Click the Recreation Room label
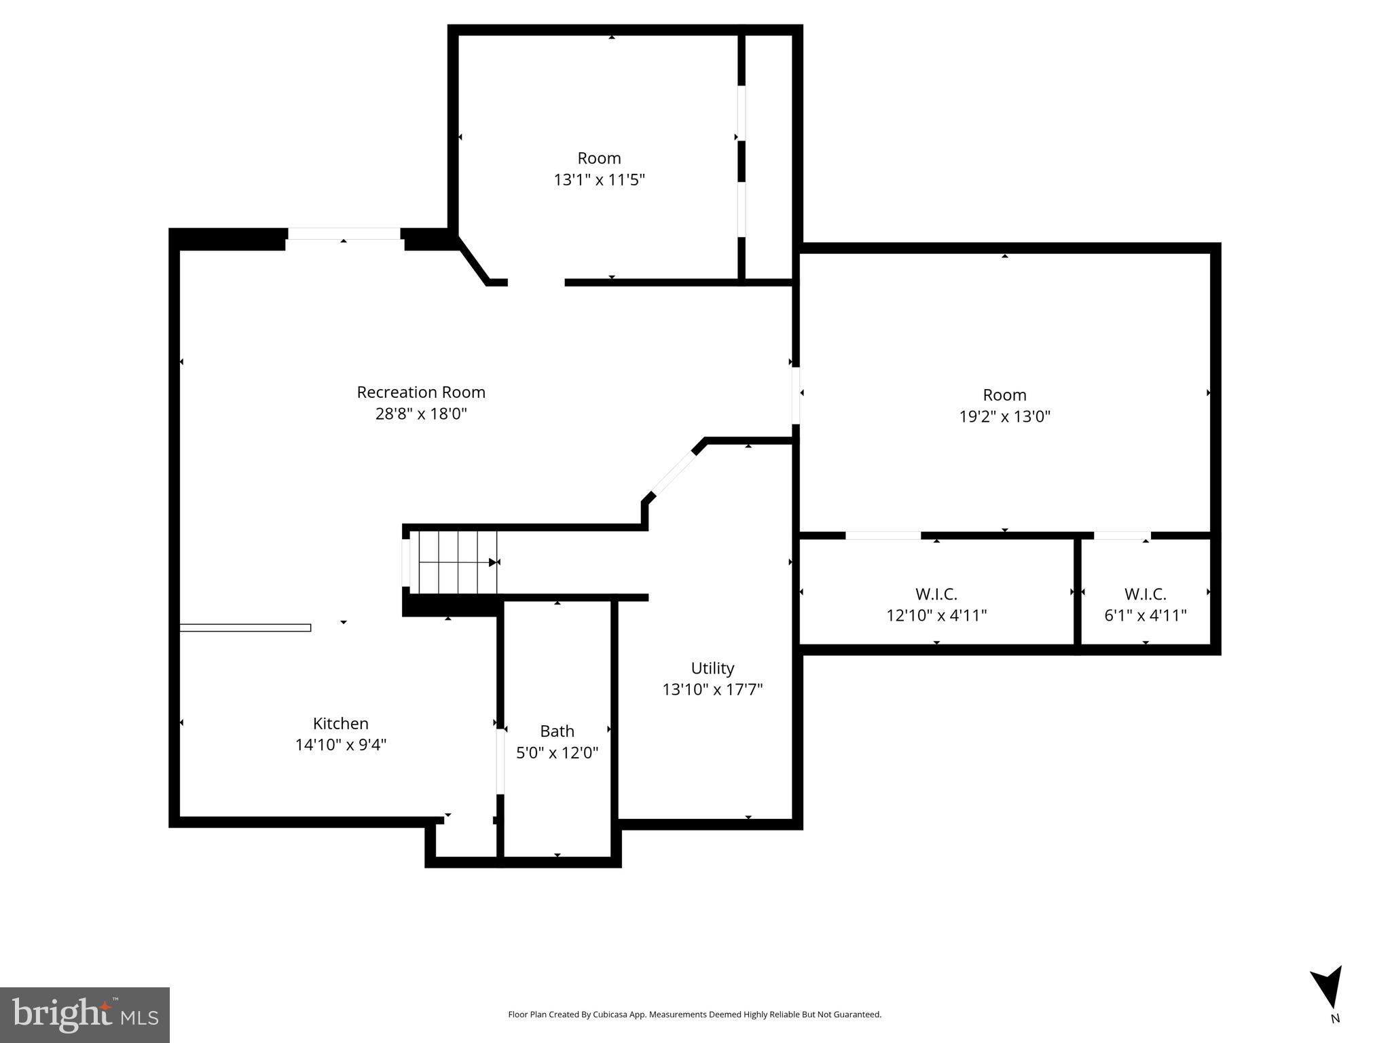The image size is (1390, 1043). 421,392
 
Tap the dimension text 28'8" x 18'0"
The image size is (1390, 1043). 421,414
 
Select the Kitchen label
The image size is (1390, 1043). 340,723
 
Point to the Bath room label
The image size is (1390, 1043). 557,731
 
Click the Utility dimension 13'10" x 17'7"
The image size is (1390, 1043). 712,689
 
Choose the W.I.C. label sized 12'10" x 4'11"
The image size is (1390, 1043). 936,594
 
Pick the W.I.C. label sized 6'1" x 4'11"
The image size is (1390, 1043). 1145,594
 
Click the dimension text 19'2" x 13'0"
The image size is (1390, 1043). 1004,416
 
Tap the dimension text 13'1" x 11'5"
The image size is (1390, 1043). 599,180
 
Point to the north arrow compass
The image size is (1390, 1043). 1328,988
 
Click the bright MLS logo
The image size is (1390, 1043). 85,1014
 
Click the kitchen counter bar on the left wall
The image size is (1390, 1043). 245,627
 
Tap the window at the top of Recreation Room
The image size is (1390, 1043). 344,234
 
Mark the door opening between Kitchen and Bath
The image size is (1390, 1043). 500,761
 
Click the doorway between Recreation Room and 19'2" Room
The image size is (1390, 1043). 795,395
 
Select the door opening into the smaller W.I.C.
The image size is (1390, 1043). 1122,535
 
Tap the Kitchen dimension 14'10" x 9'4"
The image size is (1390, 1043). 340,745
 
